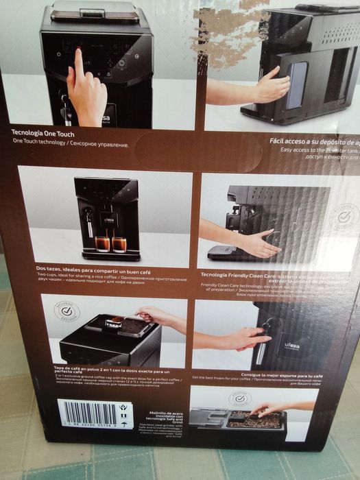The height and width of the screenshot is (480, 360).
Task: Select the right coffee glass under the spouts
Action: (x=119, y=244)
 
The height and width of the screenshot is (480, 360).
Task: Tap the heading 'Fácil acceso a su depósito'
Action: (x=312, y=142)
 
